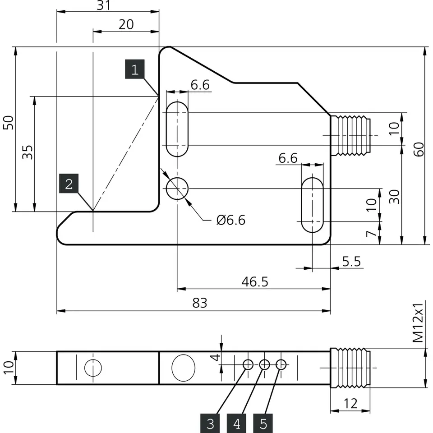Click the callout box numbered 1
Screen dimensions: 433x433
point(134,69)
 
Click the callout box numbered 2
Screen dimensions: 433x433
point(69,184)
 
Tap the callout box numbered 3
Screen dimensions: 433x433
point(210,424)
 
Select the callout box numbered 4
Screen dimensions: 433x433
point(237,424)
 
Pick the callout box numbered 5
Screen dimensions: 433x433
point(263,424)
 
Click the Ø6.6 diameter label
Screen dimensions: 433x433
point(231,220)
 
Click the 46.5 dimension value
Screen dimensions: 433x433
point(254,282)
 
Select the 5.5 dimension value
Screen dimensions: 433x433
point(352,261)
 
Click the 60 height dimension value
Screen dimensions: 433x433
point(419,148)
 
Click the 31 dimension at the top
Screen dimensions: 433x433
point(104,5)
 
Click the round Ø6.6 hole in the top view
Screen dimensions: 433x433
point(177,189)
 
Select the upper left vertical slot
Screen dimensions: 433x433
point(177,129)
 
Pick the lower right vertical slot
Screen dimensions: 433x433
point(312,205)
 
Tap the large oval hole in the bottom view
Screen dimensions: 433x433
point(183,367)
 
